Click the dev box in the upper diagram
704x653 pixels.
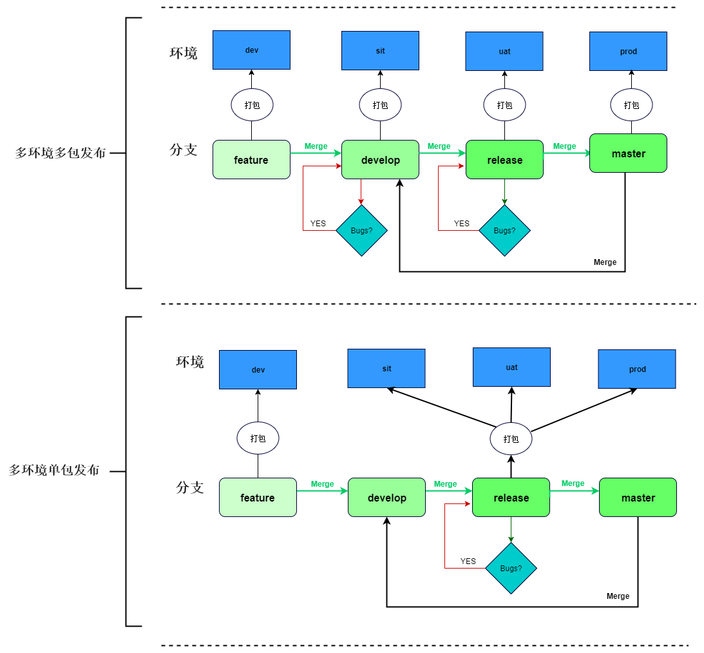251,50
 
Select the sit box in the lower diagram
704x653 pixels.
386,369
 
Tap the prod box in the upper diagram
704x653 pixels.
628,51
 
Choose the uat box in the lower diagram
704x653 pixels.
511,367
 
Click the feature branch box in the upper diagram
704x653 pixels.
251,159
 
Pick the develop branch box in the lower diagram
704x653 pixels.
386,498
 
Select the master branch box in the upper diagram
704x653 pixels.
628,153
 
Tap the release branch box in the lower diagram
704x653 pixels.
511,498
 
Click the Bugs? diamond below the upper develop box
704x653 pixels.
361,231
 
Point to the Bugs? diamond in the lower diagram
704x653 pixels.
511,568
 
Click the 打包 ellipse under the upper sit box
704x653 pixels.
380,105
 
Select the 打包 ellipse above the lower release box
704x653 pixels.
511,438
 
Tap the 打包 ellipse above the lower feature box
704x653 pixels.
258,438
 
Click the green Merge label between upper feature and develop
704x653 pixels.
316,146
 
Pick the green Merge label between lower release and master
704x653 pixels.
573,483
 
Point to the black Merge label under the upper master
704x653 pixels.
605,262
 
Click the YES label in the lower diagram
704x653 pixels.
468,561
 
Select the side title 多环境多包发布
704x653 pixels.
60,153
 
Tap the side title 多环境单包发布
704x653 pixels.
54,470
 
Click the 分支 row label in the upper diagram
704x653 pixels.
183,150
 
